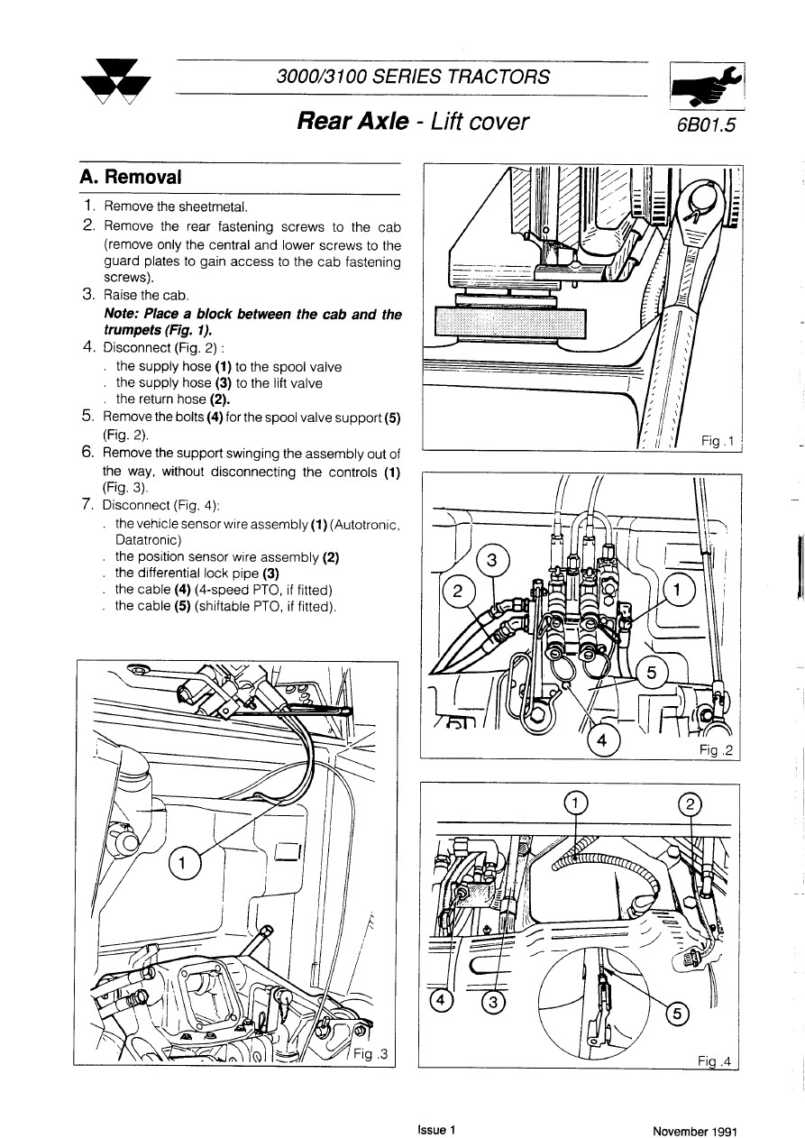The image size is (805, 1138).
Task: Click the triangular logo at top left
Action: [115, 84]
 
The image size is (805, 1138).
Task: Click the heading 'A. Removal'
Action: [131, 177]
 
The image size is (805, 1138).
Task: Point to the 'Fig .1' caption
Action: [718, 441]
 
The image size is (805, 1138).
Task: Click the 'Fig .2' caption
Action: [718, 750]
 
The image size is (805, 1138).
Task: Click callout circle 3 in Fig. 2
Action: [491, 561]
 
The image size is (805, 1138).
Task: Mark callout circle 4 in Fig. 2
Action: [603, 740]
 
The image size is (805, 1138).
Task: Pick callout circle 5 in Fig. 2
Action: [652, 673]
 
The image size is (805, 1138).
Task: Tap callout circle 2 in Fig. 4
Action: [687, 805]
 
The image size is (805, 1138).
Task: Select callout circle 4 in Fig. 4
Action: [442, 1000]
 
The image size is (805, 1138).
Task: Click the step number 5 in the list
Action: [87, 416]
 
